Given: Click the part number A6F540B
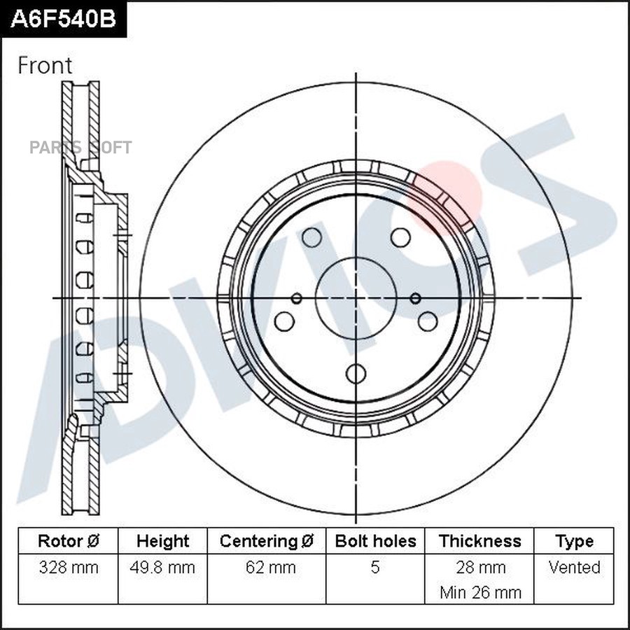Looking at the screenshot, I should pyautogui.click(x=63, y=19).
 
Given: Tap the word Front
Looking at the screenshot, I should pyautogui.click(x=45, y=66).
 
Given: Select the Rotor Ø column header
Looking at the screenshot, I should pyautogui.click(x=68, y=541).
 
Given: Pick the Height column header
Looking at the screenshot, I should pyautogui.click(x=162, y=541).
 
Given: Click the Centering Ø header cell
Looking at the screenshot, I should pyautogui.click(x=266, y=541).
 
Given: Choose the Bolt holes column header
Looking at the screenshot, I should pyautogui.click(x=375, y=541).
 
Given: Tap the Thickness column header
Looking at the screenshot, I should pyautogui.click(x=480, y=541).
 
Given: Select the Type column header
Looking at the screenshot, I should pyautogui.click(x=574, y=541).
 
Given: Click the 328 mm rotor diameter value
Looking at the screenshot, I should pyautogui.click(x=68, y=567).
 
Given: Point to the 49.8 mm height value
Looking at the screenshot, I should pyautogui.click(x=162, y=567).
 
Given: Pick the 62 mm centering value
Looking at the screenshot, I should pyautogui.click(x=266, y=567).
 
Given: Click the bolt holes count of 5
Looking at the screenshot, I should pyautogui.click(x=375, y=567).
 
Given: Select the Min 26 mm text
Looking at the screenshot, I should pyautogui.click(x=480, y=592).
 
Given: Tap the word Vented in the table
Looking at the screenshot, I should pyautogui.click(x=574, y=567).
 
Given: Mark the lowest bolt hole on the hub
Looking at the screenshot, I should pyautogui.click(x=356, y=373).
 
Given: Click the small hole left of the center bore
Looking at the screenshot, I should pyautogui.click(x=297, y=299).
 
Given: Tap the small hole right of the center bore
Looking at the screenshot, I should pyautogui.click(x=415, y=298).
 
